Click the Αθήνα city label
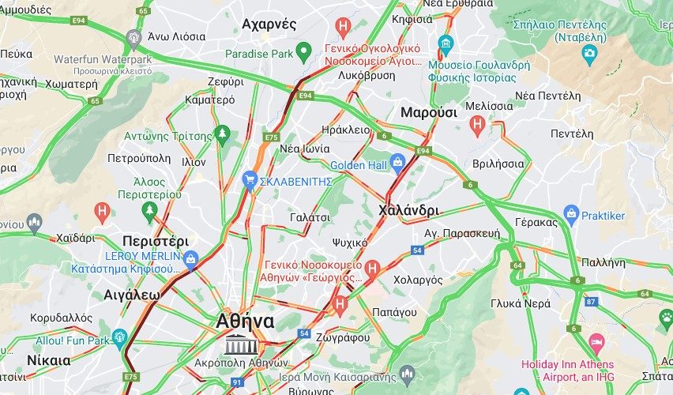click(245, 322)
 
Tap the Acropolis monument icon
click(237, 344)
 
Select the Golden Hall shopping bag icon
click(397, 162)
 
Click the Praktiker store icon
click(572, 213)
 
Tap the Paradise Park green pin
click(304, 53)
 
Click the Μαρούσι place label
click(429, 112)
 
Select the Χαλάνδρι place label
click(408, 210)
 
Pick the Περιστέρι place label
click(156, 241)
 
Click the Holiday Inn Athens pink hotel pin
click(597, 344)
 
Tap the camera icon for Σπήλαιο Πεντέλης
click(589, 54)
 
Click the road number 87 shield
click(592, 301)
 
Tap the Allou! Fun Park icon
click(120, 338)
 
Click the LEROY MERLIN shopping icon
click(190, 258)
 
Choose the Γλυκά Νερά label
click(521, 303)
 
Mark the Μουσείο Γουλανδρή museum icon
click(446, 42)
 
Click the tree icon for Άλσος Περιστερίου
click(149, 209)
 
